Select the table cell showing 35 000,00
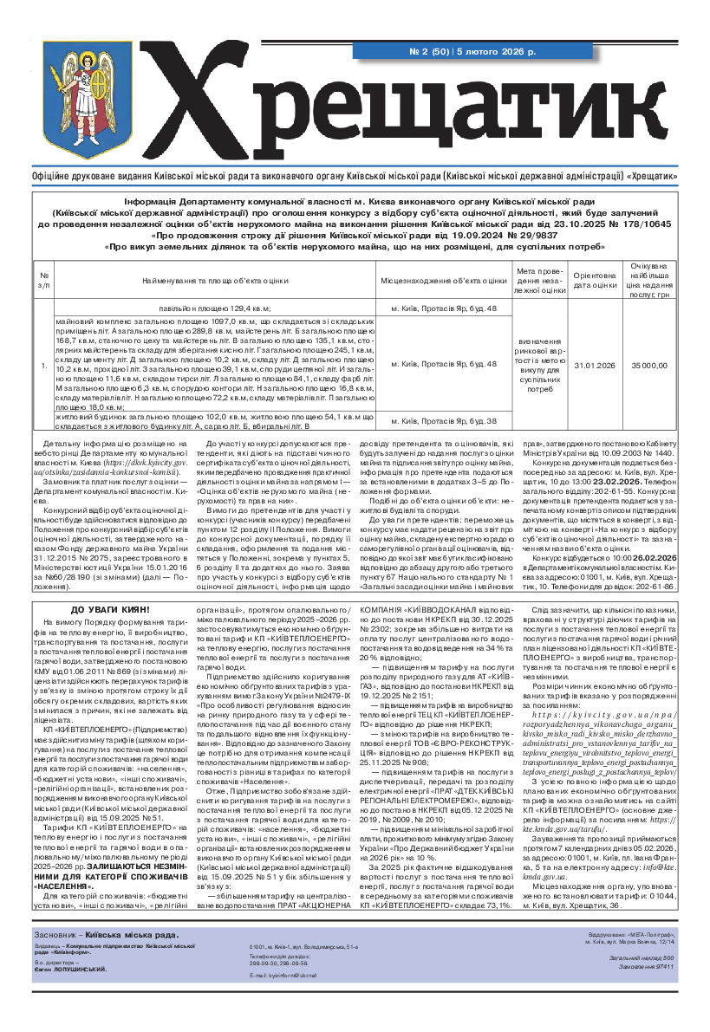[649, 366]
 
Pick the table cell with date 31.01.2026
[594, 366]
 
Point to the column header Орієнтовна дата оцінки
[594, 280]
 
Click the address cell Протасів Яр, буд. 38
[443, 421]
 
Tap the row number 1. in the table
[44, 366]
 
